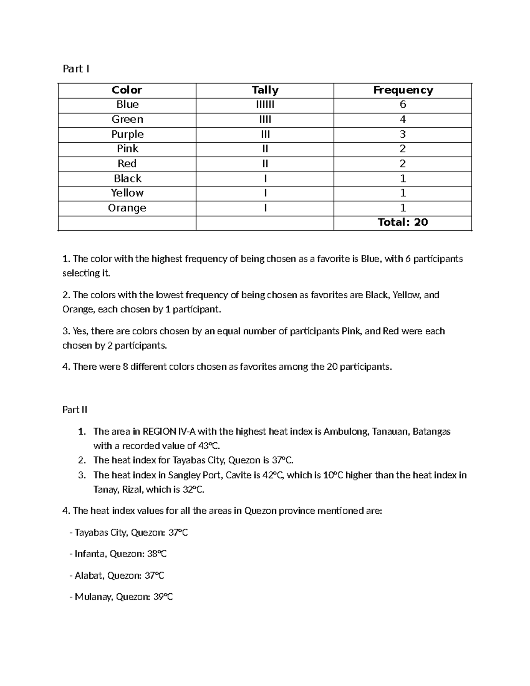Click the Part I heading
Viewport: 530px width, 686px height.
click(76, 68)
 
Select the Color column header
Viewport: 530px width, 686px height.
click(127, 90)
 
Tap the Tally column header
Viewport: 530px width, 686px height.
click(265, 90)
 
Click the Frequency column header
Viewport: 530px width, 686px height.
click(403, 90)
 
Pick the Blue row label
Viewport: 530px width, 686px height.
click(127, 105)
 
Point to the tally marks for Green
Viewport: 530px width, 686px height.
click(265, 119)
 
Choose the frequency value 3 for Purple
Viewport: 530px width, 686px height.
click(403, 134)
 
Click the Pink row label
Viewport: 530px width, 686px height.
click(127, 149)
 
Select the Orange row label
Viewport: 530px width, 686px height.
click(127, 208)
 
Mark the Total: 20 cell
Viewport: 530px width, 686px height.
click(403, 222)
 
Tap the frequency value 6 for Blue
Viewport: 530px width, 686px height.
click(403, 105)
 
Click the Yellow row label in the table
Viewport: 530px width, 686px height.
click(127, 193)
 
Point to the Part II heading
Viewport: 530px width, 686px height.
click(75, 409)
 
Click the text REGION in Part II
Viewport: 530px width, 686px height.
click(159, 432)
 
